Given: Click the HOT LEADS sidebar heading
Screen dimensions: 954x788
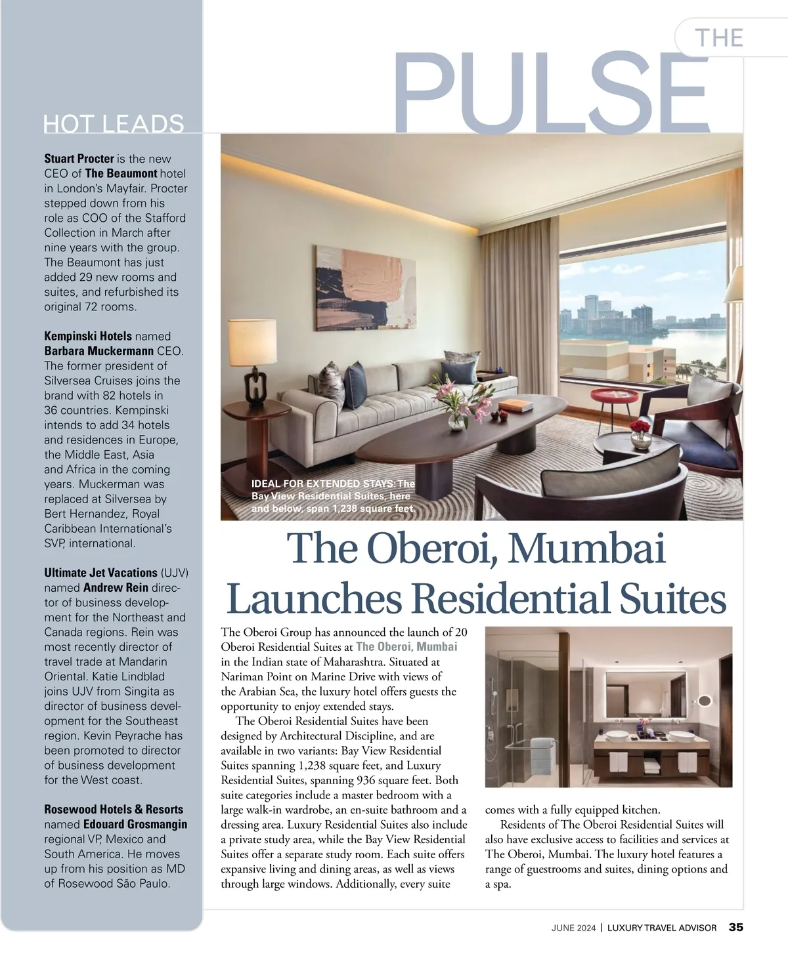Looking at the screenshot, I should [x=114, y=123].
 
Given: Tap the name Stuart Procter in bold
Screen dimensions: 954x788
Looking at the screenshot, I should [x=79, y=159].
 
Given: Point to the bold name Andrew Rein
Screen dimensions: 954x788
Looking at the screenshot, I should [x=116, y=588].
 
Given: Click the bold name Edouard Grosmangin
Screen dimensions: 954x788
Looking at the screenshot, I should [x=135, y=824].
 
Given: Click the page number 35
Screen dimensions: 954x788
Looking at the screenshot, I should [x=735, y=928].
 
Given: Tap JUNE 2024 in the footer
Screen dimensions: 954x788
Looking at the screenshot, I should [x=573, y=928].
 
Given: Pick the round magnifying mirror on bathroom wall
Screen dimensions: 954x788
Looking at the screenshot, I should [x=705, y=700].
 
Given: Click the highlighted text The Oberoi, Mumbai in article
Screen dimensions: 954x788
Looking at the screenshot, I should [x=406, y=647].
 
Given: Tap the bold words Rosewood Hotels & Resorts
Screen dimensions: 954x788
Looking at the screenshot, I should [x=114, y=810].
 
